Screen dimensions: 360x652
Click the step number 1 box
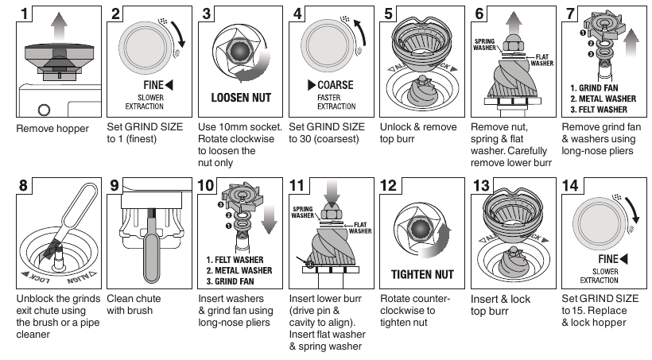point(28,14)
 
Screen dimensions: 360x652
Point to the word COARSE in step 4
point(336,85)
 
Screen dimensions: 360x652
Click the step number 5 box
point(390,14)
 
